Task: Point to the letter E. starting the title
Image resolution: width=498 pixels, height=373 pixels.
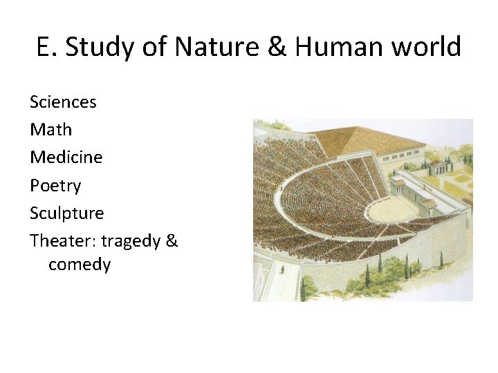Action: click(x=46, y=47)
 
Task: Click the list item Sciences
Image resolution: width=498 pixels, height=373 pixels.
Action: click(x=63, y=102)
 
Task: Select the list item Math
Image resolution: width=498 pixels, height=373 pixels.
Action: click(x=50, y=130)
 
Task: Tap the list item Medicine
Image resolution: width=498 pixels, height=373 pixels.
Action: click(x=66, y=157)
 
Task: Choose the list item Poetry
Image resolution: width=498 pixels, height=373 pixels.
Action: click(x=55, y=186)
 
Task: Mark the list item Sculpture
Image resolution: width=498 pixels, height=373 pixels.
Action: click(x=66, y=213)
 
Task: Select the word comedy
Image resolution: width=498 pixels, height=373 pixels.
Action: click(x=80, y=265)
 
